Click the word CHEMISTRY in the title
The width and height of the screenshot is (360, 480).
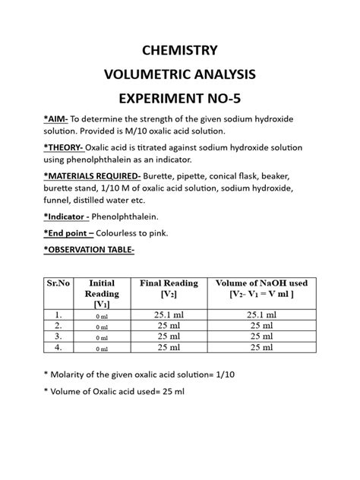(x=180, y=52)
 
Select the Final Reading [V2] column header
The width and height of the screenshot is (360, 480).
(x=169, y=288)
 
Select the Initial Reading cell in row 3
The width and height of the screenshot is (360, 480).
(x=102, y=338)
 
